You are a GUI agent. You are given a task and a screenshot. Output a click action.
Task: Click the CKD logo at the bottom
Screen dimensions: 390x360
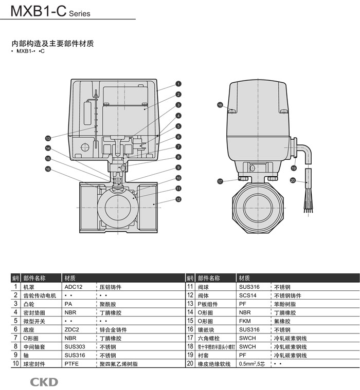(x=44, y=382)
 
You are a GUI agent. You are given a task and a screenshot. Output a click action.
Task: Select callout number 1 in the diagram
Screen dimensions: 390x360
(x=178, y=84)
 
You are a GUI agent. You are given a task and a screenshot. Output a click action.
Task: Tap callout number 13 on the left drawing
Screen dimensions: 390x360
(x=48, y=138)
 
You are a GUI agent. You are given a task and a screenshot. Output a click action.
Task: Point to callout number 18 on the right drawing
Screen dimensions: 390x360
(x=220, y=105)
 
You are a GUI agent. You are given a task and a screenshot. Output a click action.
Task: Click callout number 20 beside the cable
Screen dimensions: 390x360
(x=293, y=180)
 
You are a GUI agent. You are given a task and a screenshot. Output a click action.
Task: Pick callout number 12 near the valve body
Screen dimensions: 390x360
(x=178, y=199)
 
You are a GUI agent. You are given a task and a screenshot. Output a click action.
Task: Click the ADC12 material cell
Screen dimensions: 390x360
(x=74, y=287)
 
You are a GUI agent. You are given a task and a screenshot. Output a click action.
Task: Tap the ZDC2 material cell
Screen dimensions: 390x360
(x=73, y=329)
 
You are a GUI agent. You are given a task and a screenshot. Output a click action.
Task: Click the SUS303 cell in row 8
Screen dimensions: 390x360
(x=74, y=347)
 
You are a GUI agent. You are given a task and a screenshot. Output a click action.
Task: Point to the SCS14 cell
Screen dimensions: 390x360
(x=248, y=295)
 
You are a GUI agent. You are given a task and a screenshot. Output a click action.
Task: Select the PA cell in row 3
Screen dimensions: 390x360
(x=69, y=304)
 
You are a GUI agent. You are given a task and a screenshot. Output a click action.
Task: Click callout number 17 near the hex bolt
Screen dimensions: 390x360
(x=220, y=181)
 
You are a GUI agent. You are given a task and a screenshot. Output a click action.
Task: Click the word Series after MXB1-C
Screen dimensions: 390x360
(x=79, y=14)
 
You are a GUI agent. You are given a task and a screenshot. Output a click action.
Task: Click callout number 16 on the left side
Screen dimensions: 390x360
(x=48, y=169)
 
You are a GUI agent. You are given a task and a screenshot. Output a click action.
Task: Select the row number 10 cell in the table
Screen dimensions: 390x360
(x=16, y=364)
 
